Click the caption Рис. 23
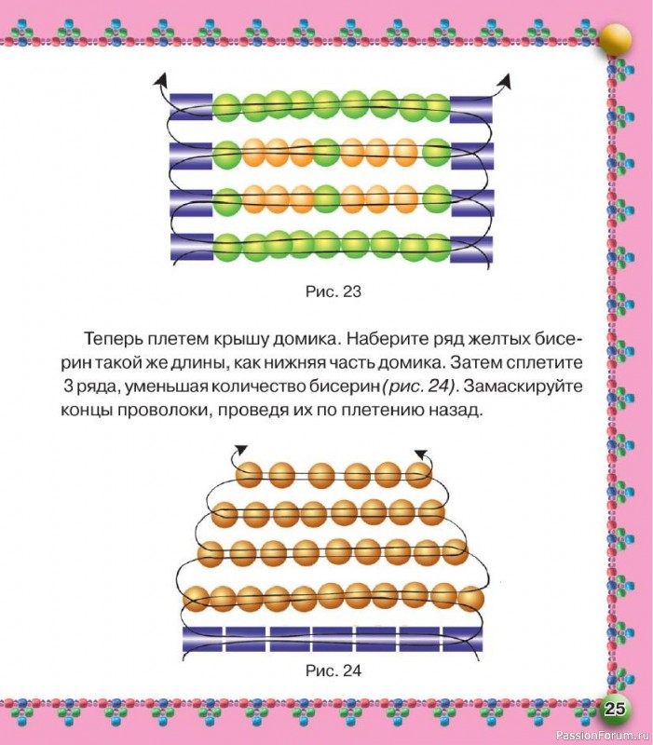[x=333, y=291]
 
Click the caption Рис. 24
[x=333, y=670]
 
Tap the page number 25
[x=614, y=709]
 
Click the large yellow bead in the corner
[x=616, y=40]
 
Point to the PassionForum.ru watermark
[x=602, y=736]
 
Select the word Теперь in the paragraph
[x=114, y=339]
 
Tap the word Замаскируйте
[x=524, y=386]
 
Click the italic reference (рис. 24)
[x=418, y=386]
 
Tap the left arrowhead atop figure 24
[x=241, y=450]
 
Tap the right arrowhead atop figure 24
[x=421, y=454]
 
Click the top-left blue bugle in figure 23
[x=191, y=107]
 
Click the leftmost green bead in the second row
[x=226, y=155]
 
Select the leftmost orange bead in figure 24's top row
[x=249, y=475]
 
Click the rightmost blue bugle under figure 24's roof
[x=463, y=639]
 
